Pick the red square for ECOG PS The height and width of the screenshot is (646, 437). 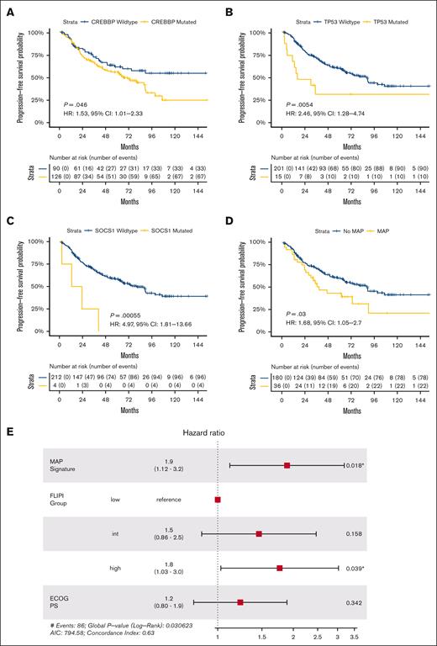click(x=240, y=602)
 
